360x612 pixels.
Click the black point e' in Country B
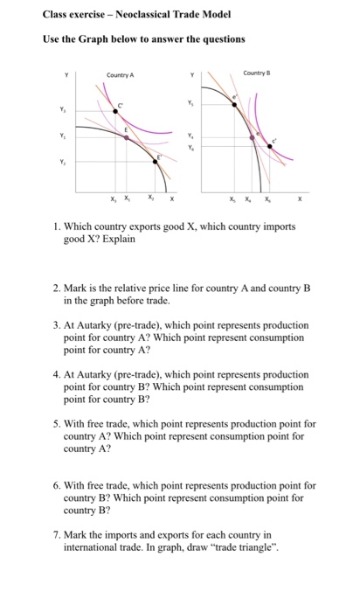(x=233, y=104)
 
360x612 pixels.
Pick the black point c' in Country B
(x=269, y=148)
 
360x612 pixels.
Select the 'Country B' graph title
(x=256, y=73)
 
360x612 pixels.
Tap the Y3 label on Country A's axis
(x=61, y=110)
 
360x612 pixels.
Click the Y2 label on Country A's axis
(x=61, y=161)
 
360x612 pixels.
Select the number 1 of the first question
(x=55, y=226)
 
